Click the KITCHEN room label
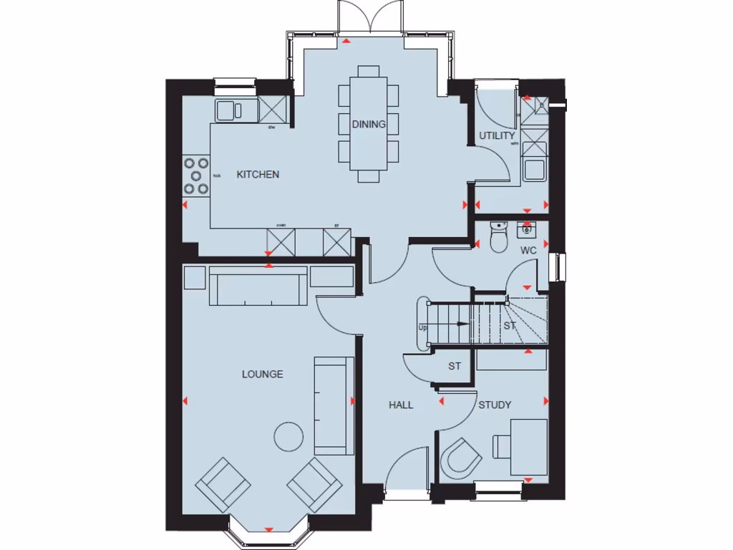click(x=258, y=174)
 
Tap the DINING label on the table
click(x=369, y=124)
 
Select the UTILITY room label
click(x=497, y=135)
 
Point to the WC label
click(x=528, y=251)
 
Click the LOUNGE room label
click(x=262, y=374)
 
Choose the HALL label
click(x=401, y=405)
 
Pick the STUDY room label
click(x=495, y=405)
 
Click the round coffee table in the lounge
click(x=290, y=436)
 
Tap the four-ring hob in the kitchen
click(x=196, y=175)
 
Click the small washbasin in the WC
click(x=528, y=229)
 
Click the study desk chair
click(x=458, y=457)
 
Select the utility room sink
click(x=534, y=170)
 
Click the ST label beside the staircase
click(x=510, y=325)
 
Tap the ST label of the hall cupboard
click(x=454, y=366)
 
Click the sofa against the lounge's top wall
click(x=258, y=286)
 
